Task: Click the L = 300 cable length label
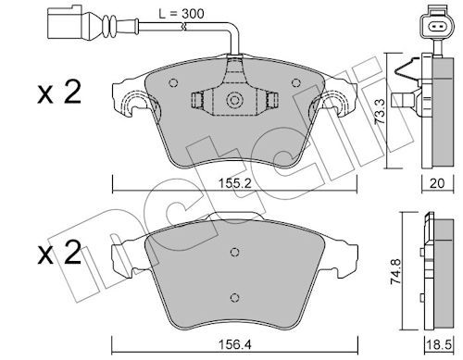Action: tap(181, 14)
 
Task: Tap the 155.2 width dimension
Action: tap(235, 184)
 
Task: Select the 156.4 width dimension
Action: tap(235, 344)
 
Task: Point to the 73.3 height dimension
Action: tap(380, 111)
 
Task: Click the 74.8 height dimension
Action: tap(395, 271)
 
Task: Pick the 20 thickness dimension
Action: tap(437, 183)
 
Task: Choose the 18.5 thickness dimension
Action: tap(438, 345)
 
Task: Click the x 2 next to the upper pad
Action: tap(59, 92)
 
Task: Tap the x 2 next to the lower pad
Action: tap(59, 253)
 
